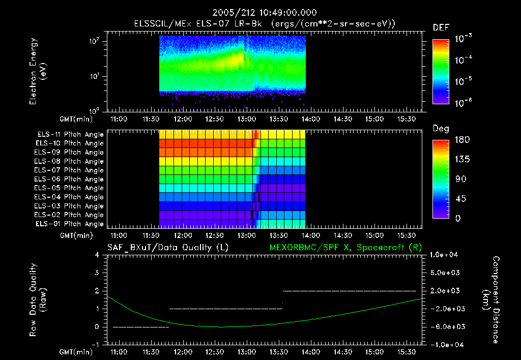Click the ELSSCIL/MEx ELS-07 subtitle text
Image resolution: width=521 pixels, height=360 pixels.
(x=265, y=24)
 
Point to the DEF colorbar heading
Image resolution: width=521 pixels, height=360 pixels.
(x=441, y=27)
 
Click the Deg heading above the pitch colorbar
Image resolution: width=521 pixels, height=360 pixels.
(x=441, y=129)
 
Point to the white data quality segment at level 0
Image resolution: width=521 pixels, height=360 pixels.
(x=140, y=327)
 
